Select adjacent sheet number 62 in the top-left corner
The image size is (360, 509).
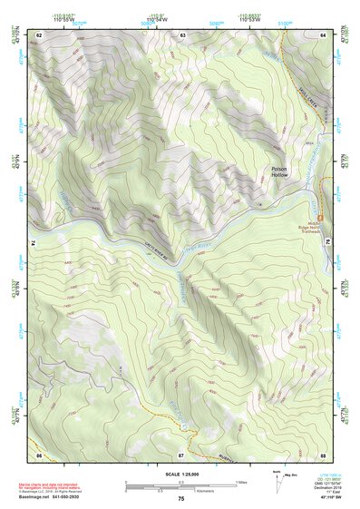point(39,34)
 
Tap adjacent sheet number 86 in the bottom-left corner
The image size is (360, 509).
point(39,453)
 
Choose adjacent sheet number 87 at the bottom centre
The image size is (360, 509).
point(181,453)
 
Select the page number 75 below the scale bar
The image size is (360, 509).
point(181,500)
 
